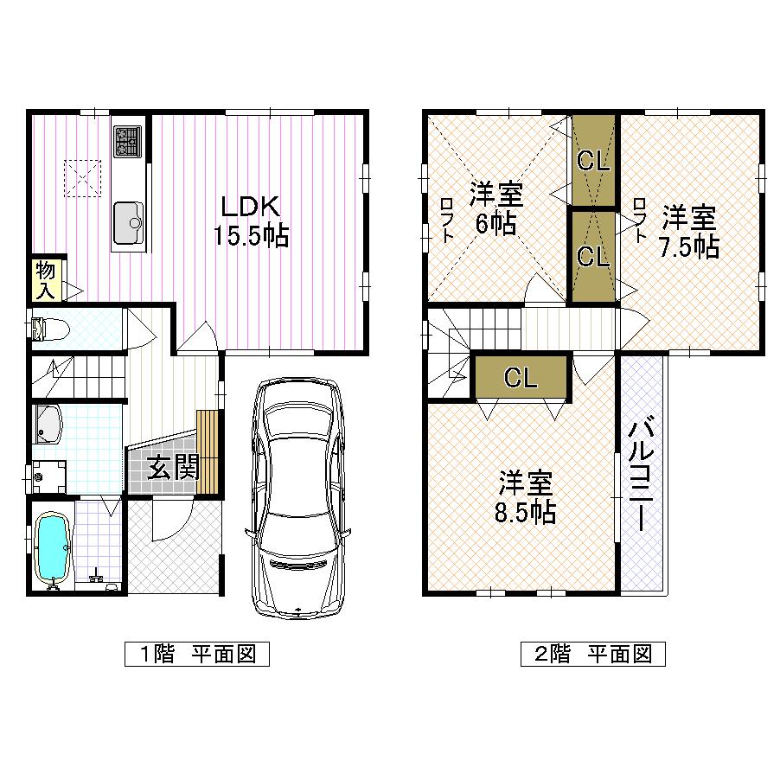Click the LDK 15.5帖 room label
point(252,221)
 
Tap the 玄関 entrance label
point(173,468)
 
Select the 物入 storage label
point(46,280)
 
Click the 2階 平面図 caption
point(592,654)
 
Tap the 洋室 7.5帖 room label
point(689,231)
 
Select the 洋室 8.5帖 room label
point(524,497)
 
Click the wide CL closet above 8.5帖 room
point(521,376)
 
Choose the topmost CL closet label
point(593,160)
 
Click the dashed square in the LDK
point(83,180)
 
